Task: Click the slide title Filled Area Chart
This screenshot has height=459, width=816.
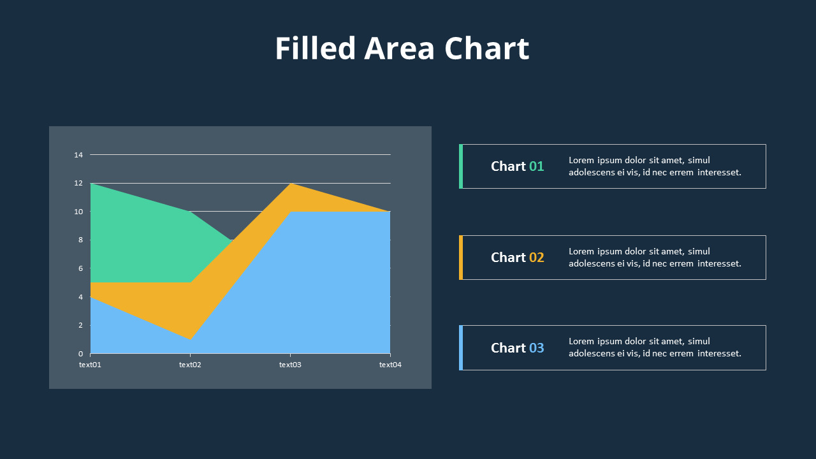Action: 402,49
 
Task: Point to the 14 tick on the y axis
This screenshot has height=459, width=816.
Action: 79,155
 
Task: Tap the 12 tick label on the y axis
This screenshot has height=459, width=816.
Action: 79,184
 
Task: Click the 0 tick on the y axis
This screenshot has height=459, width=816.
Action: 81,354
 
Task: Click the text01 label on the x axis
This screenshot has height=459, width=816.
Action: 90,365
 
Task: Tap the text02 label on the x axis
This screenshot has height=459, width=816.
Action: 190,365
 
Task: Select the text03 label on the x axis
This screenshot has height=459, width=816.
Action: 290,365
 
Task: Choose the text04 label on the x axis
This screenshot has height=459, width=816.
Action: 390,365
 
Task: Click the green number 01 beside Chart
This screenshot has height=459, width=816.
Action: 537,166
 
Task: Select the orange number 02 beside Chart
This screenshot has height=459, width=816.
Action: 537,258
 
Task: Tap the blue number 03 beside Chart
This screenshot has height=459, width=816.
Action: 537,348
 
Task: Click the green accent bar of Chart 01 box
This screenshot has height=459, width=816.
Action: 461,166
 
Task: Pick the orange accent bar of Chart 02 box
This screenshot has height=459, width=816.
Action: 461,258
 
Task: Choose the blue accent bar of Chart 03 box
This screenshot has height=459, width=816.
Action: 461,347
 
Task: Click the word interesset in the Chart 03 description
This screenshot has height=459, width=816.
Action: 719,354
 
